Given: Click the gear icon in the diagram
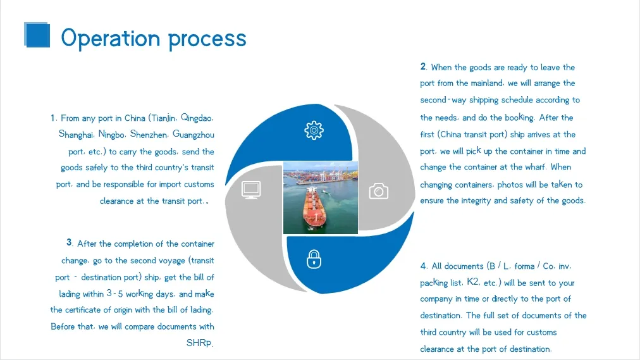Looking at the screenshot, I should click(314, 130).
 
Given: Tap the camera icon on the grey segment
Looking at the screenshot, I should click(378, 190).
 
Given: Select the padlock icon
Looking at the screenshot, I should click(314, 259).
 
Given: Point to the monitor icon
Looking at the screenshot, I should click(252, 190).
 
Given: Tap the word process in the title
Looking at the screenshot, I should click(207, 39).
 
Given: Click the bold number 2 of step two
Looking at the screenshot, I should click(422, 66).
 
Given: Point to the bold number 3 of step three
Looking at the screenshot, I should click(69, 242).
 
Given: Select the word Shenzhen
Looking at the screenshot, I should click(149, 134).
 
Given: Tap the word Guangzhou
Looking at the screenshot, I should click(194, 135).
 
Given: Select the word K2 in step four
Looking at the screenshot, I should click(472, 282).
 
